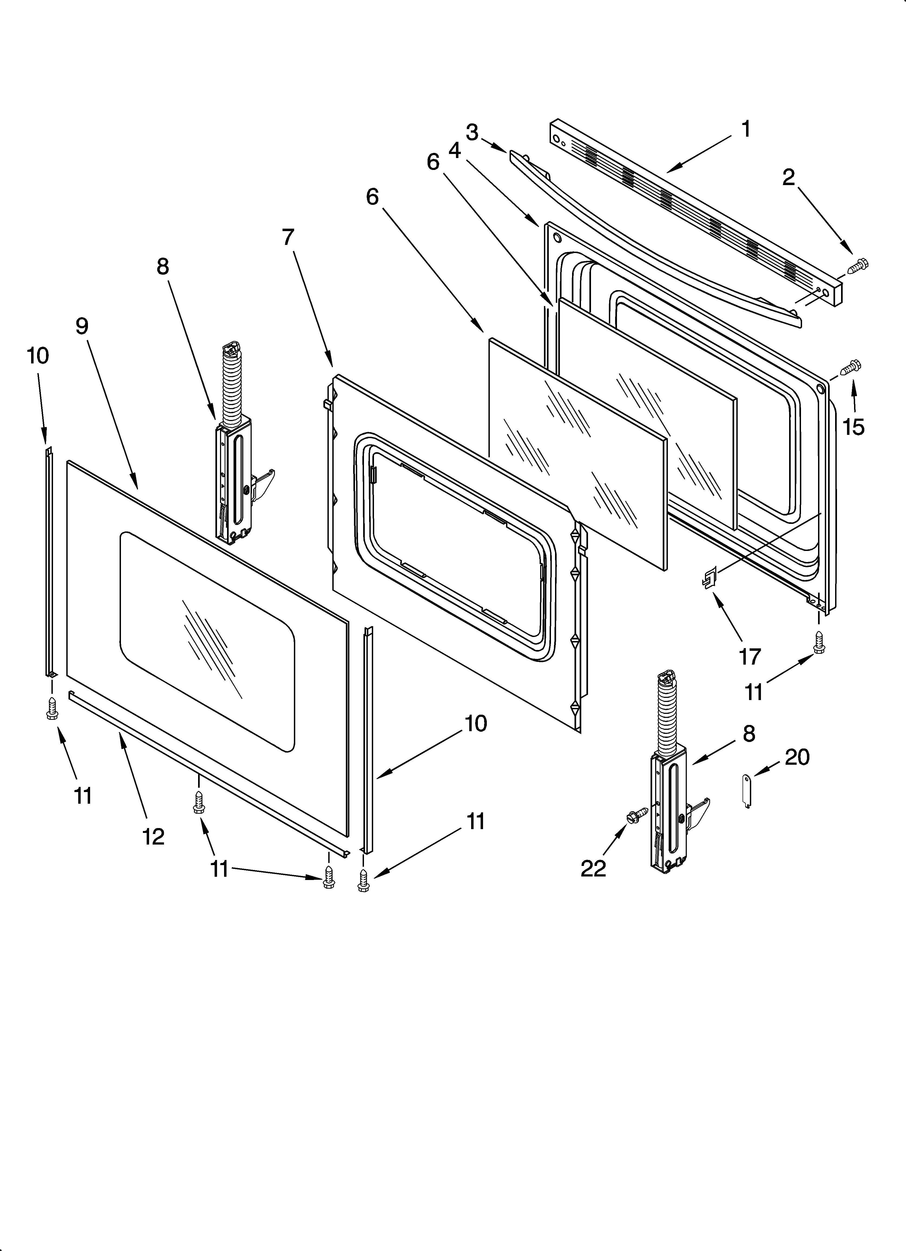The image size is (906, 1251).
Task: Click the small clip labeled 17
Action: (x=709, y=577)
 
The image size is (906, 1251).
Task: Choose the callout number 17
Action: (x=750, y=656)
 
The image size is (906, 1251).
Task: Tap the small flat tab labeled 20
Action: (x=747, y=791)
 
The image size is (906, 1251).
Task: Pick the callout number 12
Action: (x=153, y=837)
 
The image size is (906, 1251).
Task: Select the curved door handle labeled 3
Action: (x=651, y=237)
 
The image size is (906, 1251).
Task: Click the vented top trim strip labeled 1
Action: (x=695, y=210)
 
